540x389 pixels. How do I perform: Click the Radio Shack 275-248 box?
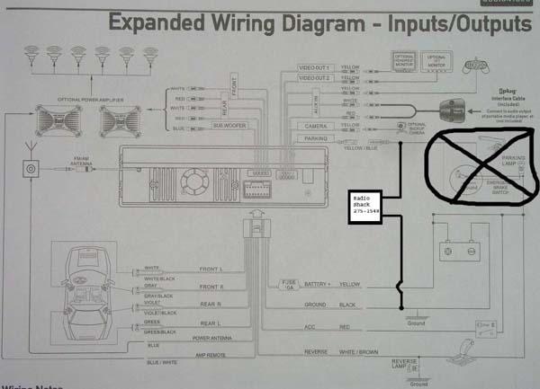point(368,205)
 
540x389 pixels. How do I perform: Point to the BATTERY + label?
point(316,283)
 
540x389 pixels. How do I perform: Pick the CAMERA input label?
point(314,127)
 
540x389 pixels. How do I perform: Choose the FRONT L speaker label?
point(210,269)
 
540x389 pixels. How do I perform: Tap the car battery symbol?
point(459,251)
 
